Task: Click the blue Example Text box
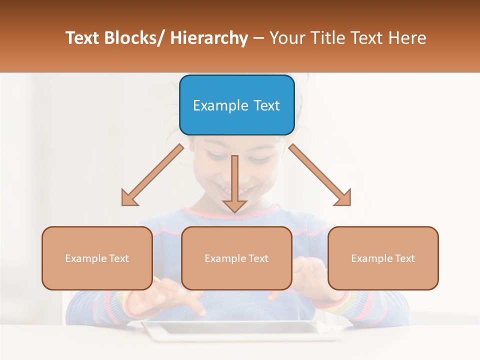click(236, 105)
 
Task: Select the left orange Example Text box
click(97, 258)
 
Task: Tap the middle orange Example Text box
click(236, 258)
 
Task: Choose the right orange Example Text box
click(383, 258)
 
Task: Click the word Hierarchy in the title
click(208, 38)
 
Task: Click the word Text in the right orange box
click(404, 258)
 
